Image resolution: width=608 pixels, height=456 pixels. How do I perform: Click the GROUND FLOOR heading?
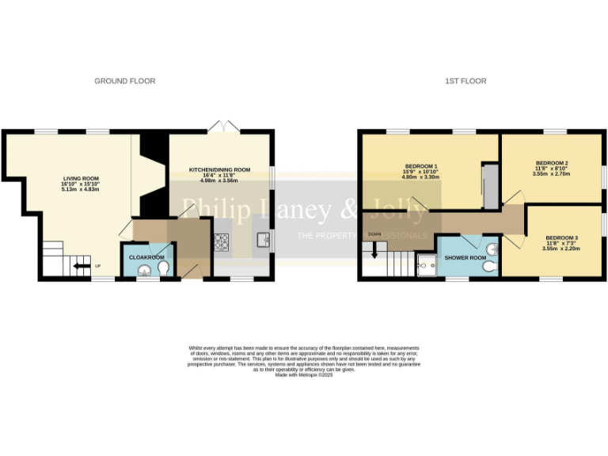124,81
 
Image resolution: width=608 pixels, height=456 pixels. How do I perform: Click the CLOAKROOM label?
146,257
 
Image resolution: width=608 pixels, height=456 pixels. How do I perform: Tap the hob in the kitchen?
222,242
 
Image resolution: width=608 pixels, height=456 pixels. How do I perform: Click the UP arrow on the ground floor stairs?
80,267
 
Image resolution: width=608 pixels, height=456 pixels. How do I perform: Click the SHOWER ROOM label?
465,258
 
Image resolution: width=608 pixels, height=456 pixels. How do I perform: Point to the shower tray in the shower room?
427,268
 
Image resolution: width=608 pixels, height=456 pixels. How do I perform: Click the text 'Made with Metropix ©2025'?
304,375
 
